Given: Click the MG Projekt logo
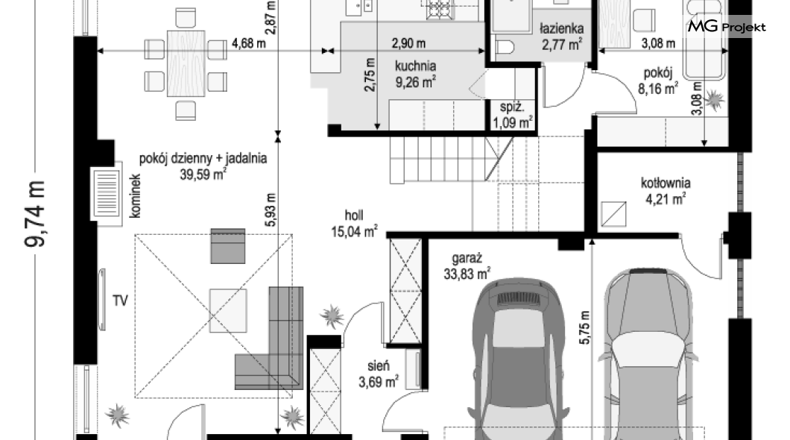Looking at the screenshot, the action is pos(727,26).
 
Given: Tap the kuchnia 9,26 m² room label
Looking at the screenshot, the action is pos(416,74).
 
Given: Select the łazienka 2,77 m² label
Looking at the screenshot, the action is pos(562,37).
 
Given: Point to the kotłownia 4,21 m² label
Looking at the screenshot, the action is pos(666,190).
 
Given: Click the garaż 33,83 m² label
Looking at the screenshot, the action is pos(467,266).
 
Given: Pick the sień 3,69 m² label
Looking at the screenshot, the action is pos(379,374).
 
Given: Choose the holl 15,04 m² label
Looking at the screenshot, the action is pos(354,223).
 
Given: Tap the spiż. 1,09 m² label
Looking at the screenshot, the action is pos(513,114).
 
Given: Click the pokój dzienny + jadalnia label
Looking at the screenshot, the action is pos(203,158).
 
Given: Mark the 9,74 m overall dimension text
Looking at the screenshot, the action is pos(35,214).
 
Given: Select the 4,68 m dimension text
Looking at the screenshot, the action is pos(248,43).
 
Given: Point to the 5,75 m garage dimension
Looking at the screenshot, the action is pos(584,327).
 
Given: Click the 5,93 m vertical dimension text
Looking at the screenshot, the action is pos(271,210).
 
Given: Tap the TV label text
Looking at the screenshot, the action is pos(120,301).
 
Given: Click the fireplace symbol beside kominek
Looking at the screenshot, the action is pos(107,194).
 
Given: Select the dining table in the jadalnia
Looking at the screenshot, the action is pos(186,63).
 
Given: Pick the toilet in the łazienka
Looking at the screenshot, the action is pos(504,48).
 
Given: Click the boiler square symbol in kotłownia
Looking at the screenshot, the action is pos(613,214).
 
